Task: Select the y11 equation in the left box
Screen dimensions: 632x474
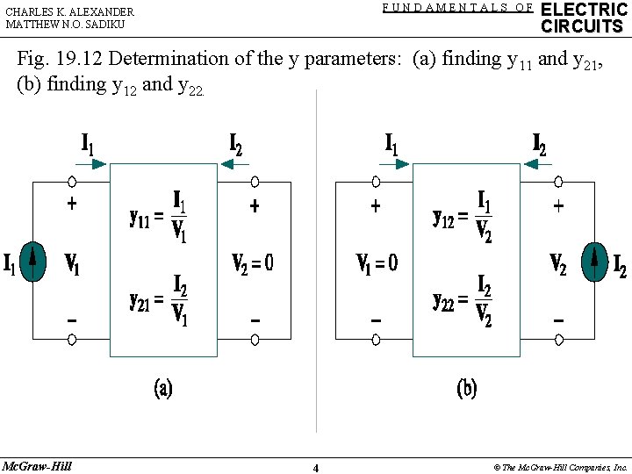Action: (x=159, y=217)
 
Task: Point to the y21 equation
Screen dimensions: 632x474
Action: (x=159, y=301)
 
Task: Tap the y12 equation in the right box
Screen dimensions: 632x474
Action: (x=463, y=216)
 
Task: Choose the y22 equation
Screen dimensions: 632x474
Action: (x=463, y=301)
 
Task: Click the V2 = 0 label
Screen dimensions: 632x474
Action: (x=253, y=262)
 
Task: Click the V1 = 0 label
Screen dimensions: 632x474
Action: (x=377, y=262)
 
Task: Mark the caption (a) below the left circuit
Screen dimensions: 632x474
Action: (x=163, y=388)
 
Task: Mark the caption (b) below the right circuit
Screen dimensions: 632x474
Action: (x=467, y=388)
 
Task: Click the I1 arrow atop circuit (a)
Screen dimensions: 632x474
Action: (x=96, y=163)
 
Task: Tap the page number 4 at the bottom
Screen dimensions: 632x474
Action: (x=316, y=468)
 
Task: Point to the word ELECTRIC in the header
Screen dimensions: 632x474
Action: (x=585, y=10)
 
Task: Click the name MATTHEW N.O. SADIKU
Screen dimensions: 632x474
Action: (x=66, y=25)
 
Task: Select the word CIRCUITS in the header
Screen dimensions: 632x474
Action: (x=582, y=26)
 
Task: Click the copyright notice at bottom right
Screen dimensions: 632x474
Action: (x=560, y=467)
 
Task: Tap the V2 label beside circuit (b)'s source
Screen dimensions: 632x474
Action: (x=558, y=263)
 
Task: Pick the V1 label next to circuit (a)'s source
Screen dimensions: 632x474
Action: (x=73, y=264)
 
